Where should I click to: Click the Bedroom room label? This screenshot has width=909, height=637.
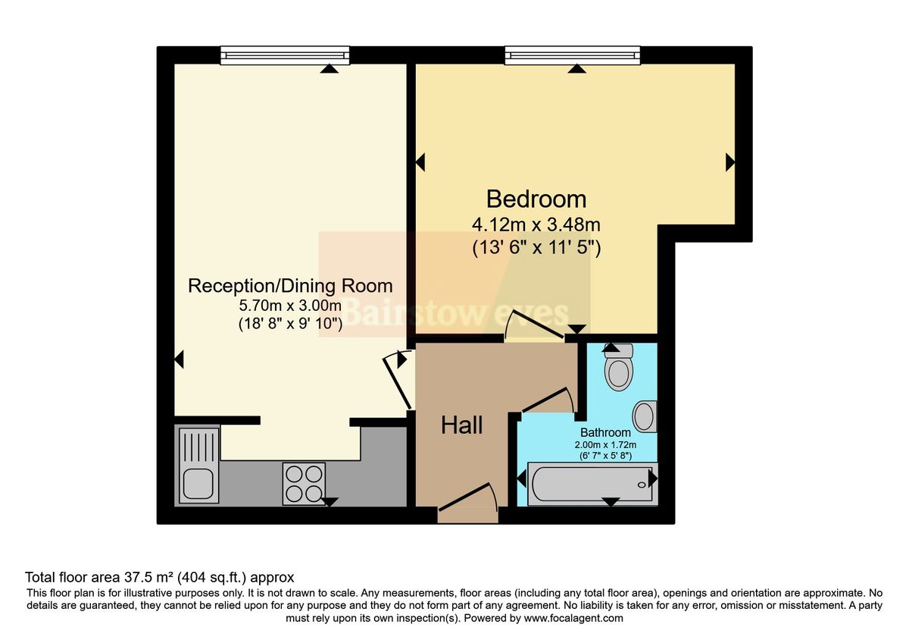click(x=536, y=199)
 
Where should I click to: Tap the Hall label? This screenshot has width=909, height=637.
click(x=462, y=425)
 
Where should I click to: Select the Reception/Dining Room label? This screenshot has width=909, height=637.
click(x=290, y=286)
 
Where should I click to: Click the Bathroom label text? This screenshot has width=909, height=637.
click(x=605, y=432)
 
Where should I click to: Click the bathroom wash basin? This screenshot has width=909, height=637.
click(x=645, y=416)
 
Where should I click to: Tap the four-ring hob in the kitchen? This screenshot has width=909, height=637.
click(x=304, y=483)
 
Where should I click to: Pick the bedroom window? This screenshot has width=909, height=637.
click(x=573, y=55)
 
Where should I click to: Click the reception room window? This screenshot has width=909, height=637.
click(x=286, y=55)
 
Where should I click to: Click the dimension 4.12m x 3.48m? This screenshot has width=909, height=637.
click(x=536, y=225)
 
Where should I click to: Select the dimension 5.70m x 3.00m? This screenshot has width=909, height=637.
click(x=290, y=307)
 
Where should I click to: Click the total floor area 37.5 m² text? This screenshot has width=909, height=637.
click(x=159, y=577)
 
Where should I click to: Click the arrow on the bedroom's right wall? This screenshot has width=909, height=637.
click(x=730, y=162)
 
